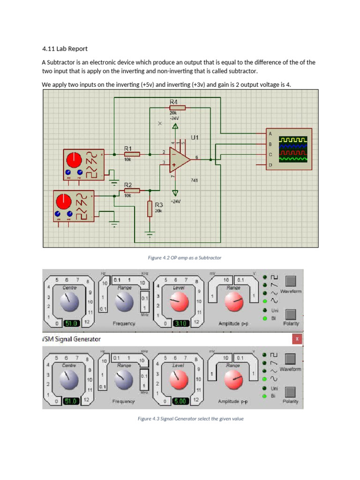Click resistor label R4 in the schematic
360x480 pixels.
point(173,102)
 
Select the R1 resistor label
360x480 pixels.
point(128,148)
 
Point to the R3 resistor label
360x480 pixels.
point(159,205)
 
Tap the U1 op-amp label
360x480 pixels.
point(195,138)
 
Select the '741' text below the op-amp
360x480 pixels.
point(195,180)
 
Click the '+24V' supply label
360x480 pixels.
point(175,201)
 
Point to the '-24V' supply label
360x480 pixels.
point(174,119)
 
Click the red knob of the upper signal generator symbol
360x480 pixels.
point(74,161)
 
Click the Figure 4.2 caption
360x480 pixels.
point(184,258)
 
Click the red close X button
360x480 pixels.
point(297,338)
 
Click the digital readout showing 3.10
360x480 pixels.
point(180,323)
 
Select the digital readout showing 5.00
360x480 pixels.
point(180,401)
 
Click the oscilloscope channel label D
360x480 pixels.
point(270,165)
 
